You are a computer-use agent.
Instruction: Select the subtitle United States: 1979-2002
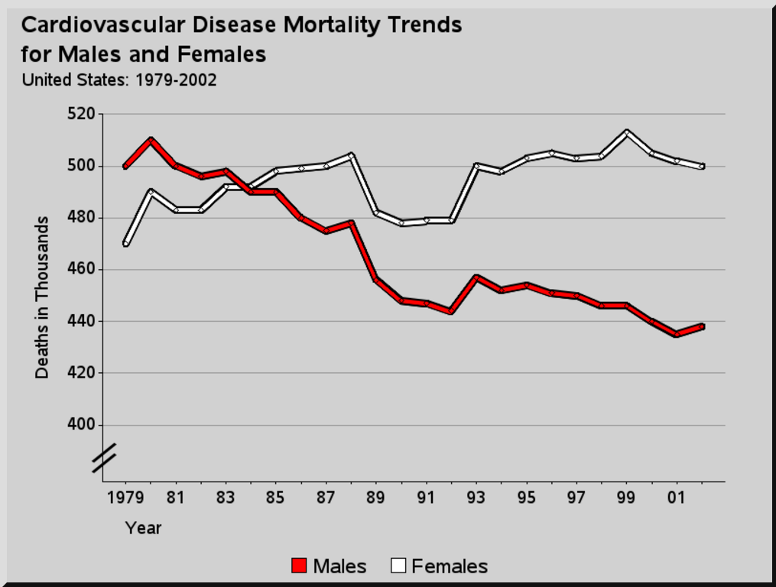(119, 79)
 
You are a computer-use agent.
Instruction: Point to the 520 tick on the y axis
(82, 114)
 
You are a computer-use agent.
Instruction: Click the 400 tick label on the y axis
(82, 424)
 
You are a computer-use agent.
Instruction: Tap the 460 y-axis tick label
(82, 269)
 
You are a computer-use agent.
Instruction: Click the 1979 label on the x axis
(125, 498)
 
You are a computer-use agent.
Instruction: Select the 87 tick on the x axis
(326, 498)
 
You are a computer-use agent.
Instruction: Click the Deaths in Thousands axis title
(42, 297)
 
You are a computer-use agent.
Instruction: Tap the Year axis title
(143, 527)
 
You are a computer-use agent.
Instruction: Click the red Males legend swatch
(299, 566)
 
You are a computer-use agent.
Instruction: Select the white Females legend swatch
(398, 566)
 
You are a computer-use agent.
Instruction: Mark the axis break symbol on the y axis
(104, 457)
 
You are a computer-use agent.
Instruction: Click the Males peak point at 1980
(151, 140)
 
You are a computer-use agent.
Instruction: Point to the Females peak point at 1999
(627, 132)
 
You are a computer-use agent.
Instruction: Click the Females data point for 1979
(125, 244)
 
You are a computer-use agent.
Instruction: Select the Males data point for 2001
(677, 334)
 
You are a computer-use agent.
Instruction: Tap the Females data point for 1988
(351, 155)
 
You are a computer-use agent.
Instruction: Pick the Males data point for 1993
(476, 277)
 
